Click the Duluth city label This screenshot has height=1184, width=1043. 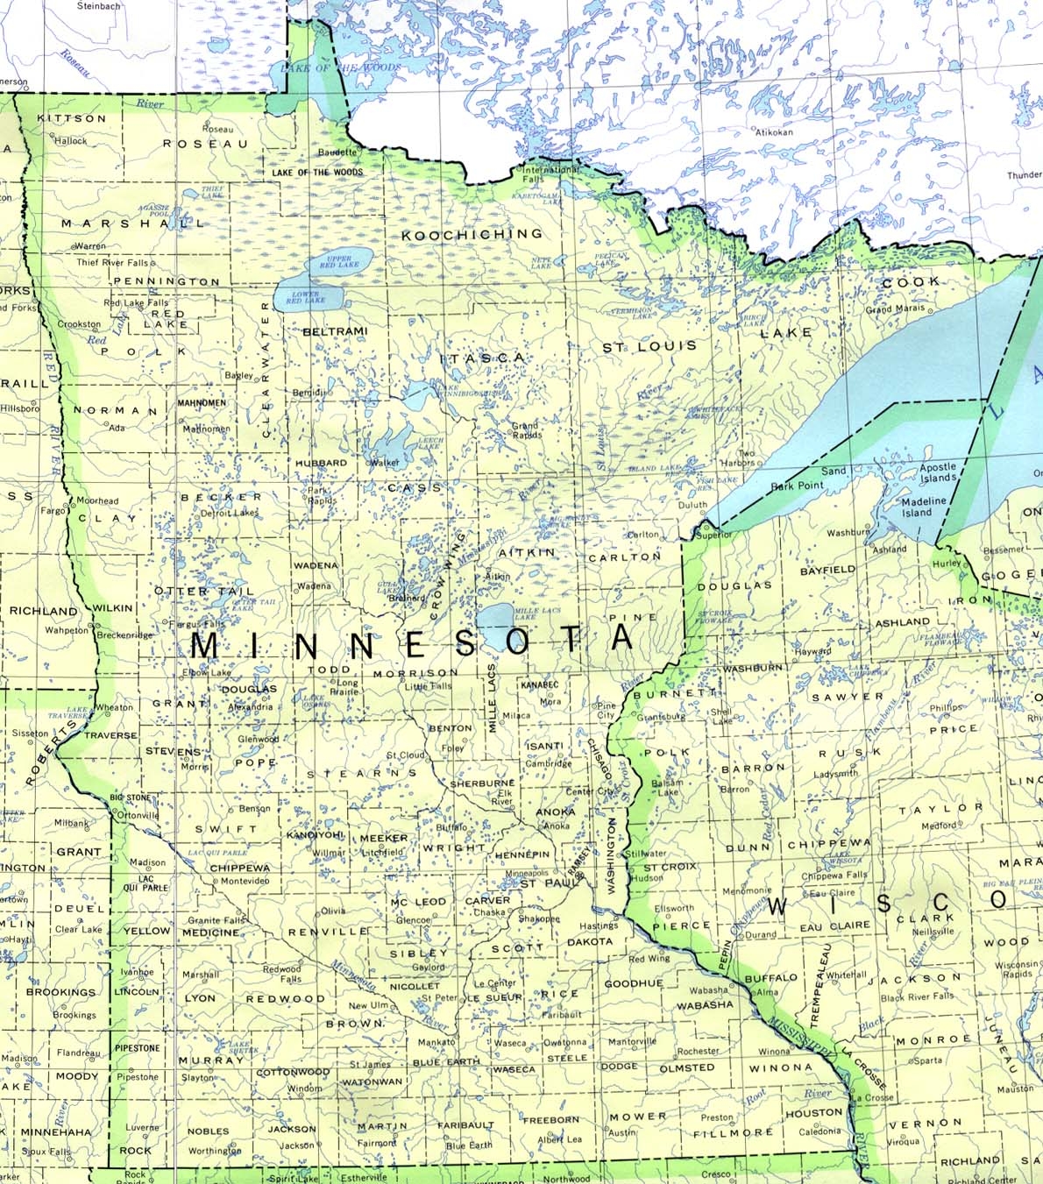point(692,506)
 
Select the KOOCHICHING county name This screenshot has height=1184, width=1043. point(472,234)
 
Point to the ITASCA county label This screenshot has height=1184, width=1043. point(482,358)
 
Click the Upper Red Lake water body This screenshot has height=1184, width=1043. point(338,263)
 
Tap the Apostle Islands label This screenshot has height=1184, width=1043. point(937,472)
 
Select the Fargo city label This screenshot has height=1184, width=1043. point(53,510)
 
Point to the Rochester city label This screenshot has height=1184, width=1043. point(698,1051)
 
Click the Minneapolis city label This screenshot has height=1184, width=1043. point(528,873)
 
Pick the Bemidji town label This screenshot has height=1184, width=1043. point(308,393)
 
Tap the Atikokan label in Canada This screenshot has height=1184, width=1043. point(774,132)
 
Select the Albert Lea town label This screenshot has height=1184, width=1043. point(559,1139)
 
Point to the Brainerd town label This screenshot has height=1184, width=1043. point(406,599)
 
